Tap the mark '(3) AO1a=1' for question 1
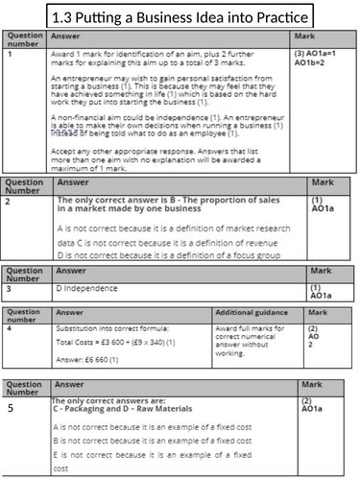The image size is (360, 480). [317, 54]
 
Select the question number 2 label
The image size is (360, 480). [8, 204]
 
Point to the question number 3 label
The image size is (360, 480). [8, 287]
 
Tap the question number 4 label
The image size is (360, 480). [9, 329]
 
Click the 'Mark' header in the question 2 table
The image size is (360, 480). [320, 182]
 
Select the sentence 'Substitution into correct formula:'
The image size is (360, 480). [108, 328]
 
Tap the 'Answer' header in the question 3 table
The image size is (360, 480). [72, 272]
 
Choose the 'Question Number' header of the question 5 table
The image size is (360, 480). [24, 387]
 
